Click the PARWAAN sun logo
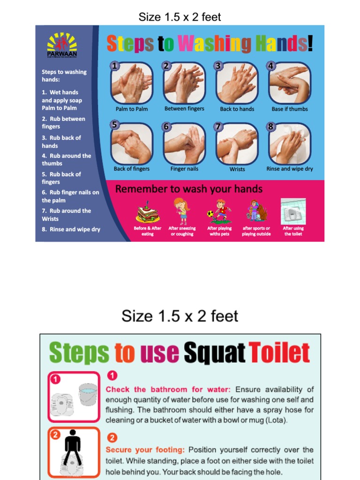click(62, 44)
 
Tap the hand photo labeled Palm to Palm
click(132, 83)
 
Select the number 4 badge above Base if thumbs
click(270, 66)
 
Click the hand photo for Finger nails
click(184, 143)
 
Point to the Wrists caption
click(237, 169)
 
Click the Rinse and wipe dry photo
click(290, 143)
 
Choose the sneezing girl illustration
click(181, 211)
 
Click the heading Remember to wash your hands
click(189, 189)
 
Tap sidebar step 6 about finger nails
click(70, 196)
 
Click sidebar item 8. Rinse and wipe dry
click(71, 229)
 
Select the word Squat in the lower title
click(215, 353)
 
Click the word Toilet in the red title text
click(279, 353)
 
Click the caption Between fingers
click(184, 109)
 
